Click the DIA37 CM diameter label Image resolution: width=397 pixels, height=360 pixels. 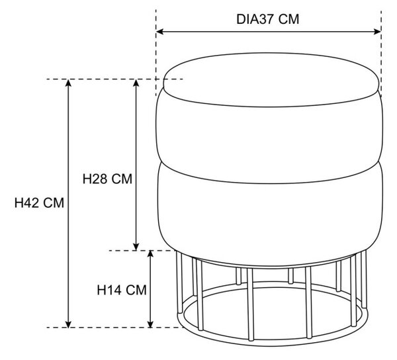pyautogui.click(x=267, y=19)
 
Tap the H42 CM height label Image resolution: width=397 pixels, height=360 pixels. pyautogui.click(x=39, y=203)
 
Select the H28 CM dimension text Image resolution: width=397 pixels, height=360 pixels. pyautogui.click(x=107, y=179)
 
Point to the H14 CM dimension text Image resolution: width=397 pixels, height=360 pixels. pyautogui.click(x=122, y=290)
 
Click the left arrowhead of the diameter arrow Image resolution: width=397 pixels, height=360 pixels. pyautogui.click(x=159, y=32)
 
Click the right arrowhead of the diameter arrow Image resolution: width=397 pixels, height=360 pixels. pyautogui.click(x=378, y=32)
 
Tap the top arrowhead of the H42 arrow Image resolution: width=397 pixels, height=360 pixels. pyautogui.click(x=68, y=83)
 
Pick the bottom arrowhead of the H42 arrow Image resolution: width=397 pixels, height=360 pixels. pyautogui.click(x=68, y=324)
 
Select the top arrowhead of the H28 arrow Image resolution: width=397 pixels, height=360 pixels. pyautogui.click(x=136, y=83)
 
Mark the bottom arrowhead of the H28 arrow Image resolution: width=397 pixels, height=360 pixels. pyautogui.click(x=136, y=247)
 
